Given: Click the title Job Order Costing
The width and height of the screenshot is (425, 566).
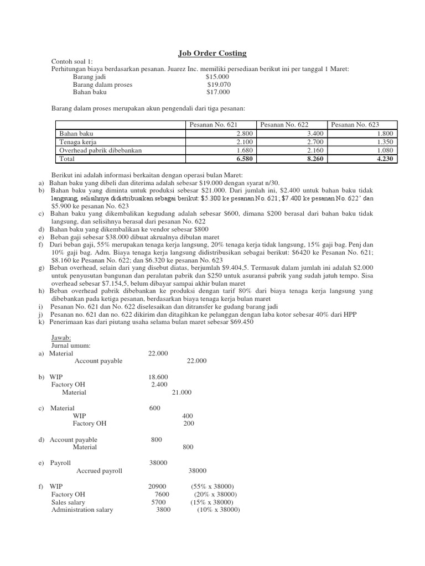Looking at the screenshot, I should (212, 53).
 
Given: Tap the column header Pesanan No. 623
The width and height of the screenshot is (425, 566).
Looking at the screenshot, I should (355, 125).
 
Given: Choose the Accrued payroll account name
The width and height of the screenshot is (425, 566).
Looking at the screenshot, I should (99, 471).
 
